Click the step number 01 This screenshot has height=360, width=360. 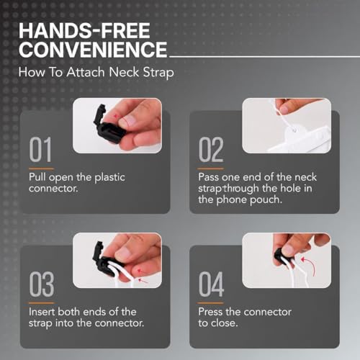click(40, 150)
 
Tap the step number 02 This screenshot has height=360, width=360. click(211, 150)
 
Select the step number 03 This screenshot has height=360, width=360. click(42, 284)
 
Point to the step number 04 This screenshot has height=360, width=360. click(212, 284)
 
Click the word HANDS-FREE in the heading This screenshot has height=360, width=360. click(84, 31)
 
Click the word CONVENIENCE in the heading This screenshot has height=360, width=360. click(93, 49)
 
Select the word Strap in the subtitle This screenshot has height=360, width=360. click(158, 73)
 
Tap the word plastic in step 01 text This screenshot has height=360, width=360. click(109, 178)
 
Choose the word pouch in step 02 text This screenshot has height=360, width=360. click(266, 200)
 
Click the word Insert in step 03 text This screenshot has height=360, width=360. click(42, 312)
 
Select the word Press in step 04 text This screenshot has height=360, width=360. click(210, 312)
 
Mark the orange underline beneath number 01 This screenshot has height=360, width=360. click(41, 168)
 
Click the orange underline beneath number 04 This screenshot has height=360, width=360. click(211, 303)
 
